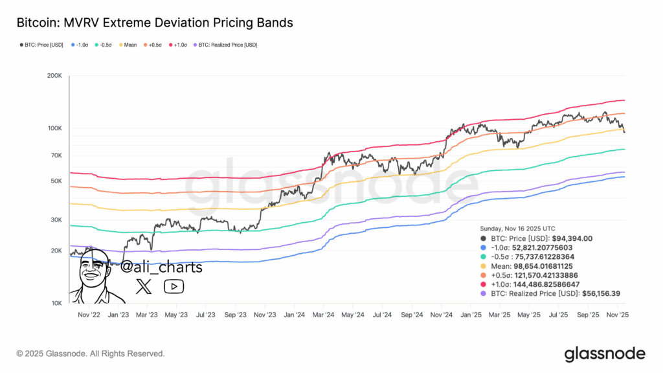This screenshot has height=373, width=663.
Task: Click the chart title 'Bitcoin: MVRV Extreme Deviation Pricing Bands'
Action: point(155,23)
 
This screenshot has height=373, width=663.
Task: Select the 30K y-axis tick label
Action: point(54,220)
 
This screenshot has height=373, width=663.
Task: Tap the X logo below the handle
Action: point(143,286)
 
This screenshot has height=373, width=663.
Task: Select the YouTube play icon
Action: point(174,286)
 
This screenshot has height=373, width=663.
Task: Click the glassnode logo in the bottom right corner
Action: point(605,354)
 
